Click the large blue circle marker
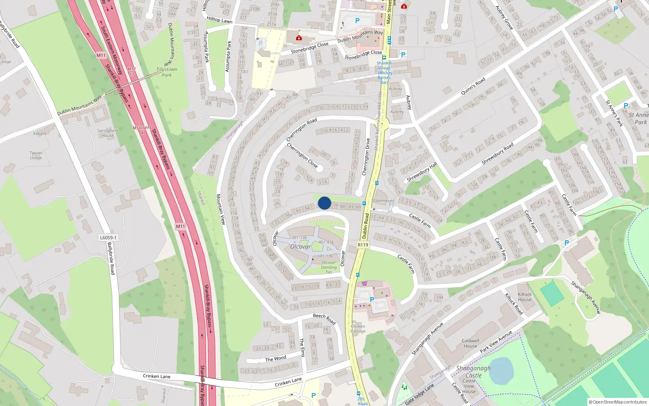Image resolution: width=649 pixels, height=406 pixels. point(324,203)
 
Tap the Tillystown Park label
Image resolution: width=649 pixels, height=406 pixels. point(167,72)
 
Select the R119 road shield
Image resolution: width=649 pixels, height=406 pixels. point(363,245)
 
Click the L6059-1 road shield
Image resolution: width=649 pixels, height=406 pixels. point(108,238)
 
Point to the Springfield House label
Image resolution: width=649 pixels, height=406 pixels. point(107,133)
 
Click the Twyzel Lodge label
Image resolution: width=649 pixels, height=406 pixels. point(36,155)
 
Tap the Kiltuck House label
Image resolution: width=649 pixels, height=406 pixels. point(524,297)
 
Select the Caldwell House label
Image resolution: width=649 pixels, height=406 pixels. point(470,343)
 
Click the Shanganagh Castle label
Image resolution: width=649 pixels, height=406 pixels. point(473,372)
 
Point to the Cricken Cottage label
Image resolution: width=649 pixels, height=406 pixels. point(358,328)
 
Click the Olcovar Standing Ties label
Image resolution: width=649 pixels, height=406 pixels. point(329,267)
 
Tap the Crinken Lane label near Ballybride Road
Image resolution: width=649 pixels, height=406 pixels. point(157,376)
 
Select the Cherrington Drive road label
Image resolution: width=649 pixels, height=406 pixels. point(366,157)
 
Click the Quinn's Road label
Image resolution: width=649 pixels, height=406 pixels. point(473,86)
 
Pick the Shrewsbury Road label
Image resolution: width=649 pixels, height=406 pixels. point(497,153)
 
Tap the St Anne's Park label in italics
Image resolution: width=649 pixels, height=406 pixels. point(638,119)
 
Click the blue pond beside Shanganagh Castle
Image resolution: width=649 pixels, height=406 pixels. point(501,371)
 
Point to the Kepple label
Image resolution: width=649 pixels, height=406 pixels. point(40,133)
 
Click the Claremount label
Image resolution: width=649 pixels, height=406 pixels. point(383,201)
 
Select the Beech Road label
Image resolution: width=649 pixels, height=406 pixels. point(324,319)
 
